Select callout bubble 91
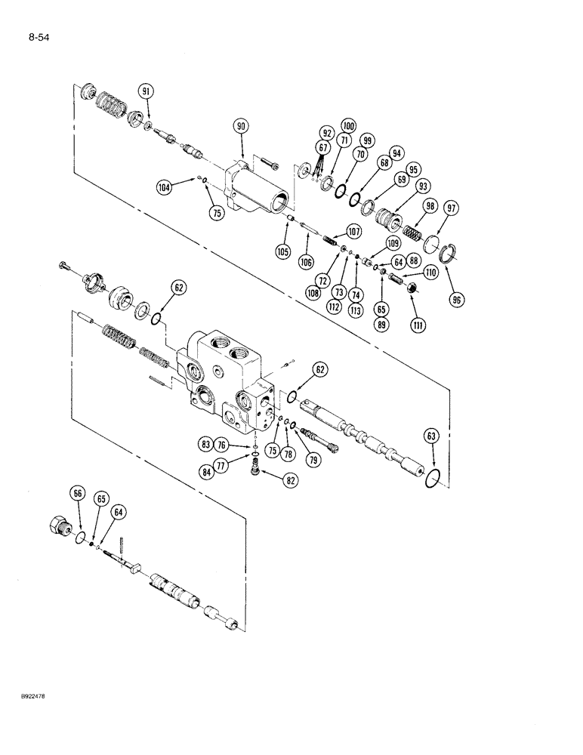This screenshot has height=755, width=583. (x=145, y=91)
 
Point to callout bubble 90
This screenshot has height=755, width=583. (x=240, y=128)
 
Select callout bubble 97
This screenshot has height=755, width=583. (x=450, y=207)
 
